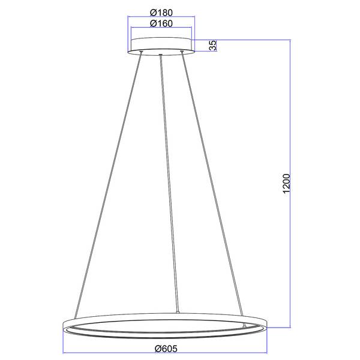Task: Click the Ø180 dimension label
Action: [161, 13]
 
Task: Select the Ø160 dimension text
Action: [161, 23]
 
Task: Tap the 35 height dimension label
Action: [213, 46]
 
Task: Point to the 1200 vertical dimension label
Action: [287, 184]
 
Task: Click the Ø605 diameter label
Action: [166, 349]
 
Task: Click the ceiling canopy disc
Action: [161, 46]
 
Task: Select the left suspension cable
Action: [108, 185]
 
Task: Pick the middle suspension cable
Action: [169, 184]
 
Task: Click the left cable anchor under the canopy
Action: [141, 52]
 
